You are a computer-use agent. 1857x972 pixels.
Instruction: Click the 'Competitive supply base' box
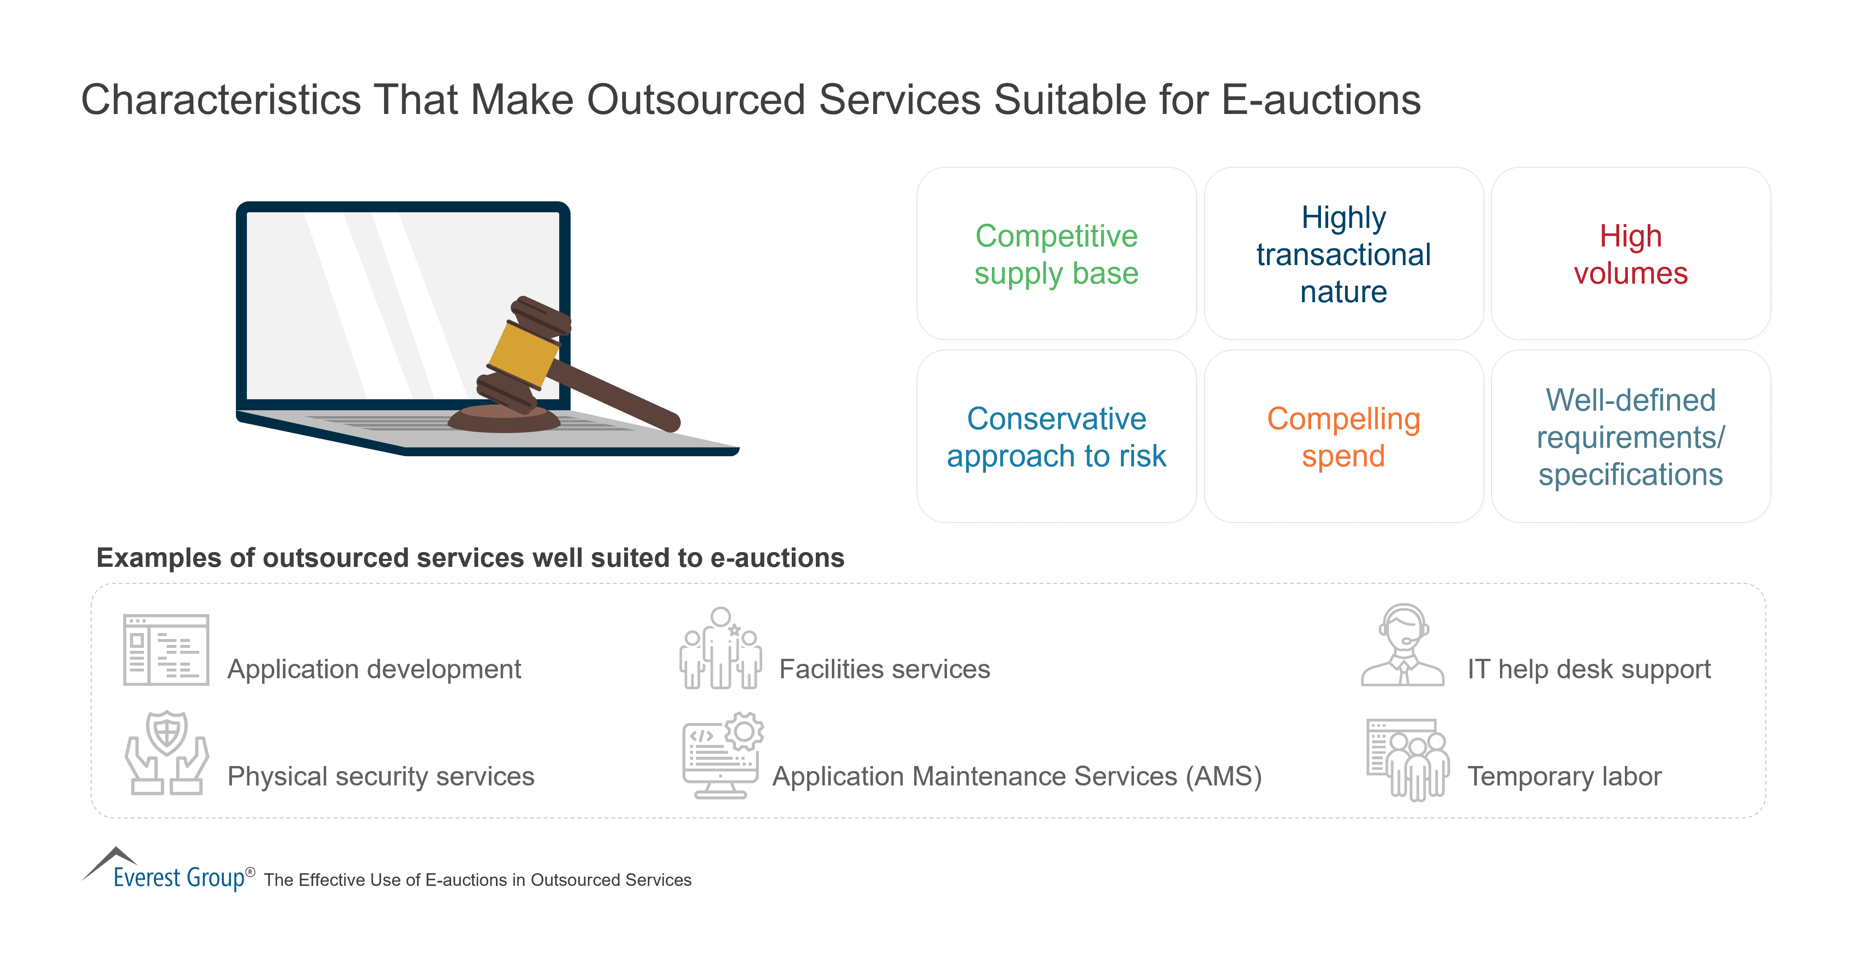coord(1056,254)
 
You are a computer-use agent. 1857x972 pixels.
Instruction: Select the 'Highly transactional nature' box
coord(1343,254)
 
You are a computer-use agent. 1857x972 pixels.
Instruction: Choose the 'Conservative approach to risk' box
coord(1056,436)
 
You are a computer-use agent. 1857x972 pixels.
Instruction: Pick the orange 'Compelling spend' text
coord(1343,437)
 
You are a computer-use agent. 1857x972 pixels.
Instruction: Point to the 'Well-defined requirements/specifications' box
coord(1630,436)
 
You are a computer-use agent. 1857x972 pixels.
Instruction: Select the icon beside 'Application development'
coord(166,650)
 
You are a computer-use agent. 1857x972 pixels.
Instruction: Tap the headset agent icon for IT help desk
coord(1402,645)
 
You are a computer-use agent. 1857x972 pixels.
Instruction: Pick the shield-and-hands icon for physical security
coord(167,753)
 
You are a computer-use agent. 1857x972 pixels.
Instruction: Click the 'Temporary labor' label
coord(1565,777)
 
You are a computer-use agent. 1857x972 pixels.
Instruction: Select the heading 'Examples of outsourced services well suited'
coord(470,558)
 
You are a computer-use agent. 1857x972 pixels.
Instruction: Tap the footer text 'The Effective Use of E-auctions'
coord(477,880)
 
